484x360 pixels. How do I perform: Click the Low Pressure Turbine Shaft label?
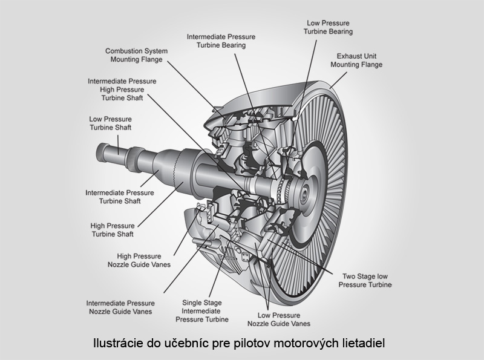(x=110, y=123)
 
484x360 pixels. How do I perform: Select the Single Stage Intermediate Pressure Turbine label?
(x=202, y=310)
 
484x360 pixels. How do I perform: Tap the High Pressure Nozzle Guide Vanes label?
(x=136, y=260)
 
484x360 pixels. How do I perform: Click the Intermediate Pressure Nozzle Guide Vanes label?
(x=120, y=307)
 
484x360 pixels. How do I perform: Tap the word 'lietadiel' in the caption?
(x=366, y=343)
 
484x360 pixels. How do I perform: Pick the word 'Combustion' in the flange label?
(x=123, y=51)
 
